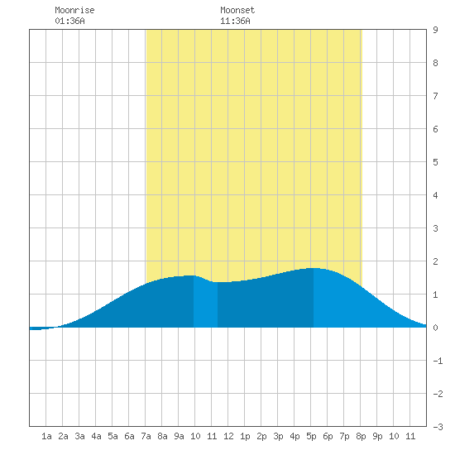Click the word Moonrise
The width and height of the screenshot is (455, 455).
click(74, 10)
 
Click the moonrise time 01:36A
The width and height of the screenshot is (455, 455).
click(69, 21)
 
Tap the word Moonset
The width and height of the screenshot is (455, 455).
click(237, 10)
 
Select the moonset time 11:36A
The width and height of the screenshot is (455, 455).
click(235, 21)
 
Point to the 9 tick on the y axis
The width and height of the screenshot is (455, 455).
click(435, 30)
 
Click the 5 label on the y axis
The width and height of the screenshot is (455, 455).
click(435, 162)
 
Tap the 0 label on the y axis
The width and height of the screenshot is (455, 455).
click(435, 328)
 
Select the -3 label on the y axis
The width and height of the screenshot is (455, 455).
click(438, 427)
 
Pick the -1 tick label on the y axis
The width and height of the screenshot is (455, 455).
click(438, 361)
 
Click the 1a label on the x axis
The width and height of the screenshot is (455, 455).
click(46, 436)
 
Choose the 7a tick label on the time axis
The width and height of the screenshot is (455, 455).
click(146, 436)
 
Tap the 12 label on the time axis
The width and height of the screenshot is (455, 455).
click(228, 436)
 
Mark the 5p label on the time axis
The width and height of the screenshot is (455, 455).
click(311, 436)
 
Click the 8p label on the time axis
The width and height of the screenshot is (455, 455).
click(361, 436)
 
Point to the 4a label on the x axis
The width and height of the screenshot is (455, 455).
click(96, 436)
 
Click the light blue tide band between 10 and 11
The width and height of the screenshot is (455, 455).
click(205, 304)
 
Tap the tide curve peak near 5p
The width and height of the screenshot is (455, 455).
click(314, 268)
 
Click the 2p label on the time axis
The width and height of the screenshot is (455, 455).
click(261, 436)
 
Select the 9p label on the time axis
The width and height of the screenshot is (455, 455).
click(377, 436)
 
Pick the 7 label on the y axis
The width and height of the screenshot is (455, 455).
click(435, 96)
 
